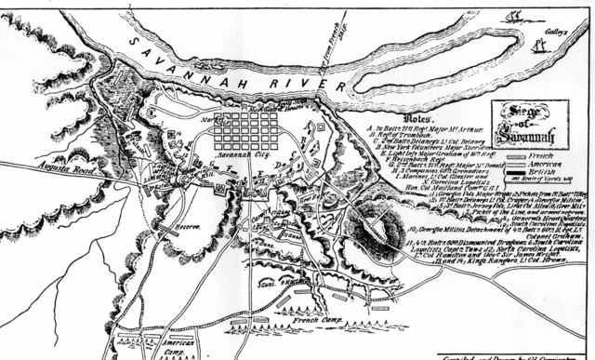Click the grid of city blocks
pyautogui.click(x=247, y=131)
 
